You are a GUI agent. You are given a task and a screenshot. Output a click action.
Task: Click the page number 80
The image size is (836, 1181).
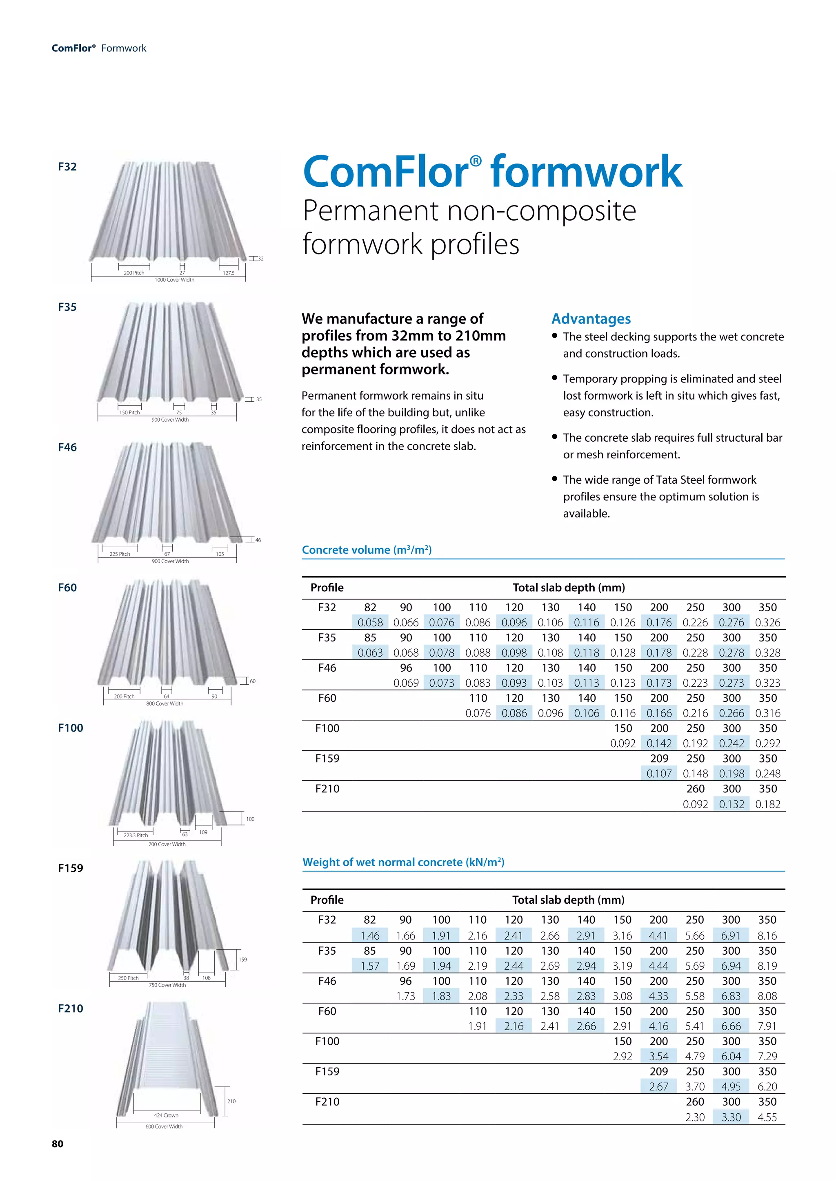tap(57, 1143)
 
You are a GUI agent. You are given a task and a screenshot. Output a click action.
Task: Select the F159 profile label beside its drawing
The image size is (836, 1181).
tap(71, 868)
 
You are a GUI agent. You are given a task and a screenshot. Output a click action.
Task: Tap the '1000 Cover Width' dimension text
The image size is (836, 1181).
tap(175, 280)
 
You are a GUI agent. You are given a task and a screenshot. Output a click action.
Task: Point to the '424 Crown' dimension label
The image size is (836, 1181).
tap(166, 1115)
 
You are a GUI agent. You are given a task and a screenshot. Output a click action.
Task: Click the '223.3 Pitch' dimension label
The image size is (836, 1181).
tap(136, 835)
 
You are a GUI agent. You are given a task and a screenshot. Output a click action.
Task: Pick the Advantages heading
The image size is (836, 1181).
tap(591, 319)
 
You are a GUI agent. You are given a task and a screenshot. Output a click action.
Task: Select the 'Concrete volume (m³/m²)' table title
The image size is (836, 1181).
tap(367, 550)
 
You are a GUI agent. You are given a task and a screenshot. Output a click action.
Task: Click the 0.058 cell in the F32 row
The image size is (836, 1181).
tap(370, 622)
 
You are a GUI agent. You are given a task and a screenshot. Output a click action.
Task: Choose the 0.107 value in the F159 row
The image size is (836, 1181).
tap(659, 774)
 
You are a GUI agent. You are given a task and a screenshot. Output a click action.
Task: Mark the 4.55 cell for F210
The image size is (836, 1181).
tap(767, 1117)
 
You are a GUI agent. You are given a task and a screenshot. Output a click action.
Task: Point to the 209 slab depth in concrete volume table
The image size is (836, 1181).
tap(659, 759)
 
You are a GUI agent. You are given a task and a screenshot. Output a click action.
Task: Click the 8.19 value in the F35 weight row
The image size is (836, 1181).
tap(767, 966)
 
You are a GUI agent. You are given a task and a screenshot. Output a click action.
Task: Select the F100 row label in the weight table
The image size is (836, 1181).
tap(327, 1042)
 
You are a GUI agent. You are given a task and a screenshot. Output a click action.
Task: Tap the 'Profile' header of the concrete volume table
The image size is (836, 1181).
tap(327, 587)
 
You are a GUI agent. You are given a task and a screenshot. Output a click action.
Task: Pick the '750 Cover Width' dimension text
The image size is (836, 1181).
tap(167, 985)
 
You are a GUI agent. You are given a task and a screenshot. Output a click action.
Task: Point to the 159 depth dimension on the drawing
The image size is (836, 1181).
tap(242, 959)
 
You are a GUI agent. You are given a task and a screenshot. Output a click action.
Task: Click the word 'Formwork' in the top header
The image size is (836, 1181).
tap(124, 49)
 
